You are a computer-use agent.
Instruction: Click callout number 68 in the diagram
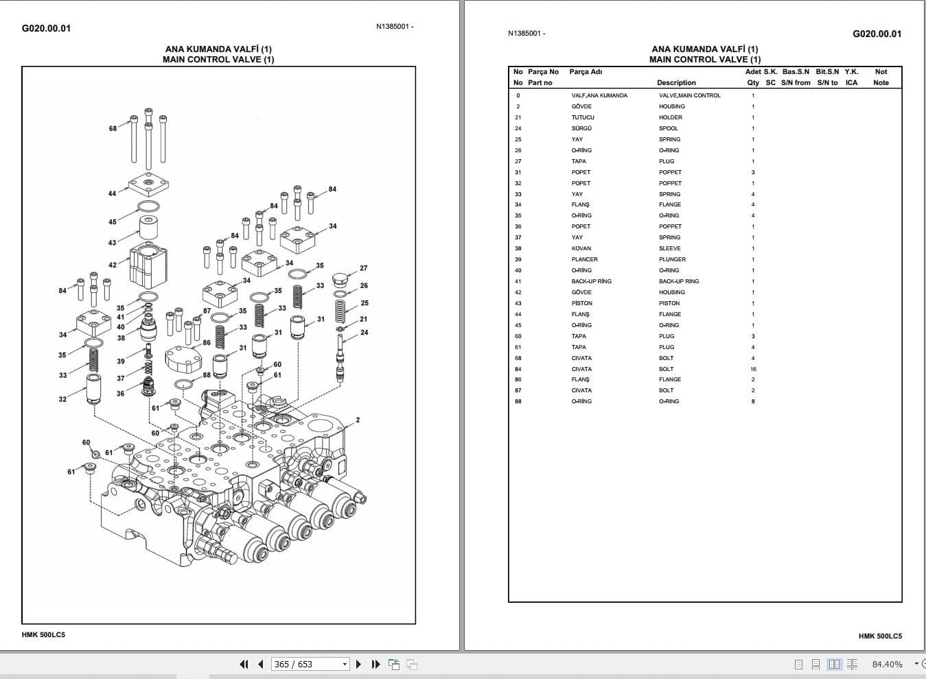coord(113,128)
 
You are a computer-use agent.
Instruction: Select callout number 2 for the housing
coord(358,420)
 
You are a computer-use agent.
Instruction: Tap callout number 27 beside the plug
coord(364,268)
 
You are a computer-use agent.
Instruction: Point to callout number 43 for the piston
coord(112,243)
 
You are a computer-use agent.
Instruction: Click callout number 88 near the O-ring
coord(207,375)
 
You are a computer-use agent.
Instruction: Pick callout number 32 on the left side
coord(62,399)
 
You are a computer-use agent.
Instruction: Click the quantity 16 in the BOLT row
coord(753,369)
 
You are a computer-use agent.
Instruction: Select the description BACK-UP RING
coord(678,281)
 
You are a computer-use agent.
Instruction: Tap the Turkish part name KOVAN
coord(581,248)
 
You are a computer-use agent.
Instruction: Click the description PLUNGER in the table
coord(672,259)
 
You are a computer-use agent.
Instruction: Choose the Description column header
coord(676,83)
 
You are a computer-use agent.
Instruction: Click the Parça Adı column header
coord(586,72)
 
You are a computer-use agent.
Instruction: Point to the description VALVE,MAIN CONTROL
coord(689,95)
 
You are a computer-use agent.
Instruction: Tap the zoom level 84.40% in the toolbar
coord(887,664)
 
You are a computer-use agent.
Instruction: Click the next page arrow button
coord(358,664)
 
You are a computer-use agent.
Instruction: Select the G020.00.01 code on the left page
coord(46,28)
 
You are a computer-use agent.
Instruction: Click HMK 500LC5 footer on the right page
coord(880,636)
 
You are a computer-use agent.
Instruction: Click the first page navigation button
coord(244,664)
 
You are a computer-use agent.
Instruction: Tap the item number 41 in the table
coord(518,281)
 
